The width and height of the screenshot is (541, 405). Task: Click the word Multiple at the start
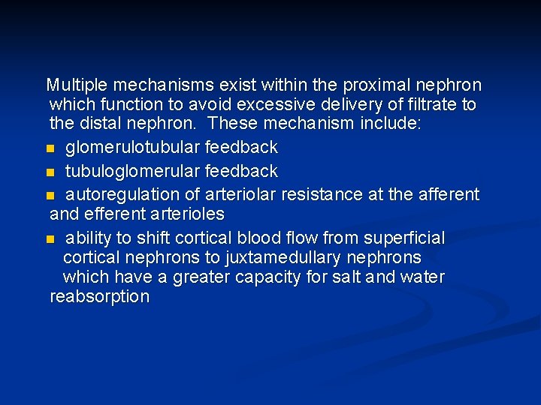coord(78,85)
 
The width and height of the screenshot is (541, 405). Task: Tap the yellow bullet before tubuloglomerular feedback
coord(50,172)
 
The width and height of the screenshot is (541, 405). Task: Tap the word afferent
coord(448,195)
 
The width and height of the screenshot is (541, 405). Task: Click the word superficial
coord(403,238)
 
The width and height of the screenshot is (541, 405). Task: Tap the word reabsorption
coord(99,297)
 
